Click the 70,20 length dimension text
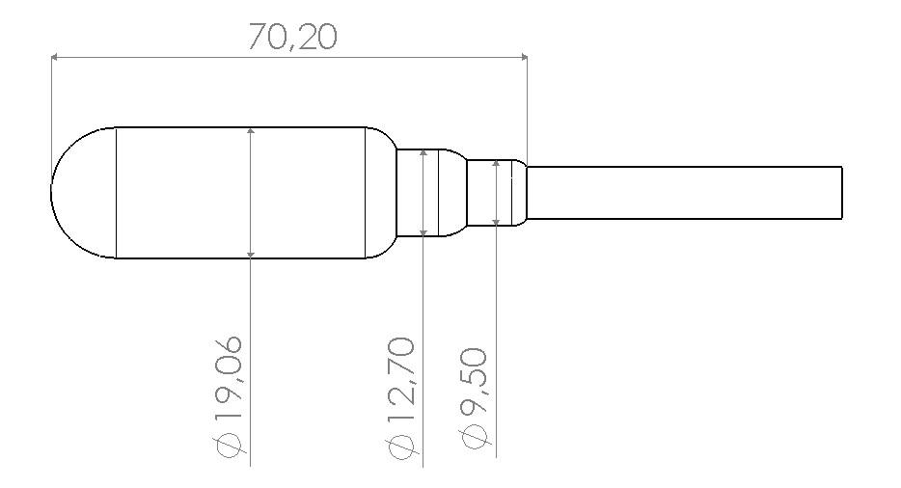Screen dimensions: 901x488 tap(292, 38)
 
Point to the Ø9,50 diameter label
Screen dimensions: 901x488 tap(474, 397)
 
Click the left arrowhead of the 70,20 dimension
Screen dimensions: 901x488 tap(54, 57)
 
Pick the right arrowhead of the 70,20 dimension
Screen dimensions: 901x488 tap(524, 57)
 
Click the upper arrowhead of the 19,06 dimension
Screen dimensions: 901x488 tap(251, 131)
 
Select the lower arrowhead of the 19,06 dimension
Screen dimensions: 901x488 tap(251, 254)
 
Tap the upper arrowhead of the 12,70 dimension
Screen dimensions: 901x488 tap(423, 153)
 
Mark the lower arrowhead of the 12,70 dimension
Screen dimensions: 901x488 tap(423, 232)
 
